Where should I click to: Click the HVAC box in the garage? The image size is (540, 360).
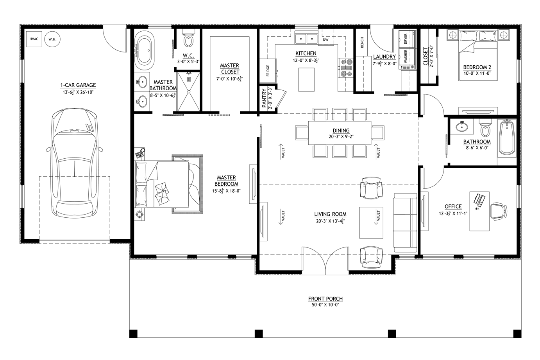pos(34,39)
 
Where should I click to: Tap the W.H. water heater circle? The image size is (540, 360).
pos(52,39)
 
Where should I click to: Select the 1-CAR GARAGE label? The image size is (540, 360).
pos(78,85)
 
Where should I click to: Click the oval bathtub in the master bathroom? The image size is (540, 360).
pos(144,51)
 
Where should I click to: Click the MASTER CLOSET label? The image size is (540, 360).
pos(230,69)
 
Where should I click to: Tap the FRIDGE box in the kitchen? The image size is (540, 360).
pos(268,71)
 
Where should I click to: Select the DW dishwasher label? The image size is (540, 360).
pos(325,40)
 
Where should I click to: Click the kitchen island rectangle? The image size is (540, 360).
pos(306,80)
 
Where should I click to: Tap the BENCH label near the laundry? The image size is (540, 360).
pos(362,43)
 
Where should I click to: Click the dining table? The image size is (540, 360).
pos(340,133)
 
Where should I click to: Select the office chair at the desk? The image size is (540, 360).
pos(499,211)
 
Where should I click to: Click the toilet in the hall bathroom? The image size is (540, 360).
pos(485,128)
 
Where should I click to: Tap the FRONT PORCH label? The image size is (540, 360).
pos(325,299)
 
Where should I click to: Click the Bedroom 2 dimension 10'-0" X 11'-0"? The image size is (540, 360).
pos(477,73)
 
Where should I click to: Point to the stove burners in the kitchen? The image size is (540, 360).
pos(347,68)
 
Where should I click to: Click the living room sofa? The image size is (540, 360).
pos(405,223)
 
